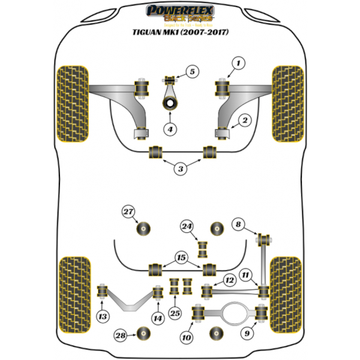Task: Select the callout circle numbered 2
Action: (x=244, y=121)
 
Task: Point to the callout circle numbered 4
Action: (x=170, y=129)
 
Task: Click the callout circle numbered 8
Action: (x=238, y=225)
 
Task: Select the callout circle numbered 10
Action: (x=187, y=338)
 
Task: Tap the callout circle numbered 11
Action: (x=245, y=275)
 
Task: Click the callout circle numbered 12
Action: (x=229, y=280)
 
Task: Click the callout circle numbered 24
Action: (x=187, y=226)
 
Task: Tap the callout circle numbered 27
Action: (x=128, y=211)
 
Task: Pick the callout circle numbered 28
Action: (x=121, y=335)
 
